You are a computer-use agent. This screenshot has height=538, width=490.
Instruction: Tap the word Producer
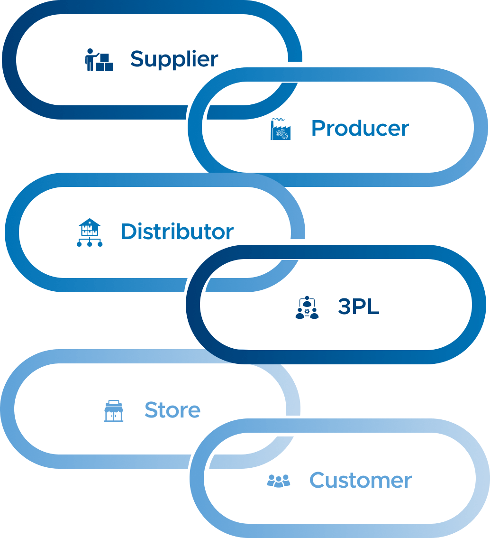360,129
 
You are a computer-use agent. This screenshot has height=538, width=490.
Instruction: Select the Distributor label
177,232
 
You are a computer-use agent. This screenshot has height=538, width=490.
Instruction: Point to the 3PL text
358,307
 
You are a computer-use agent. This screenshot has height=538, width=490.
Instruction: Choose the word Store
172,410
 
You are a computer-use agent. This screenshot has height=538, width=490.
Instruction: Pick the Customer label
361,481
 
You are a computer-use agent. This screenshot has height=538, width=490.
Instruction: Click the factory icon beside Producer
280,129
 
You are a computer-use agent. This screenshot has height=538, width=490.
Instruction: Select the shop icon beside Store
114,410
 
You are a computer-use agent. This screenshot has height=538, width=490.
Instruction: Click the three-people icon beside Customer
279,481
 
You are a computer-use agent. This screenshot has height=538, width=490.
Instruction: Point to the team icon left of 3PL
307,307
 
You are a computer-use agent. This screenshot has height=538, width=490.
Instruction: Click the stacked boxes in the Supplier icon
105,63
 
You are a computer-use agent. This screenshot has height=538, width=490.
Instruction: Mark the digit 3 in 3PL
344,307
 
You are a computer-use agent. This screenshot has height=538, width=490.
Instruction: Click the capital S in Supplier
137,59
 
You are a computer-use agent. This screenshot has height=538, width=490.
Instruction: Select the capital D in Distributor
128,232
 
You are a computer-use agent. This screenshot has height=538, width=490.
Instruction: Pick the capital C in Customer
318,481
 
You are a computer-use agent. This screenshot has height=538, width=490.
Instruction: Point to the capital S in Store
151,410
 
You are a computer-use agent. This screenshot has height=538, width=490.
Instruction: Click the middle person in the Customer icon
279,480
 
